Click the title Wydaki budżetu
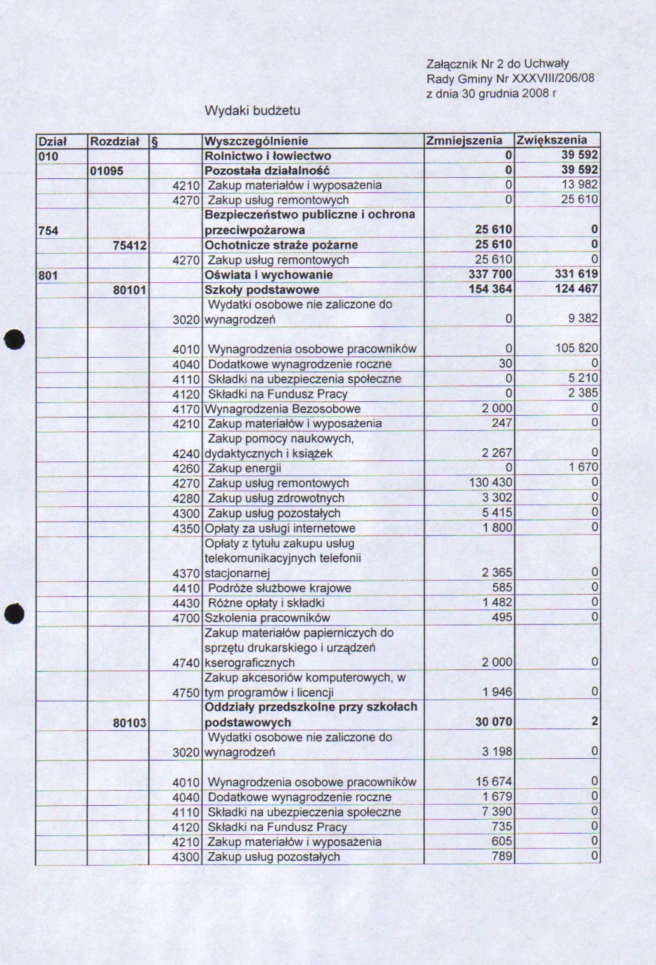point(252,111)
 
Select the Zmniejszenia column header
point(464,141)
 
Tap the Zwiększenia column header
point(552,140)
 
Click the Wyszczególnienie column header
point(256,141)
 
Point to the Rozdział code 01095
point(107,171)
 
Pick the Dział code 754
point(48,230)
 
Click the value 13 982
point(579,185)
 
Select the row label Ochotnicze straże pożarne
point(281,245)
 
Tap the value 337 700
point(490,274)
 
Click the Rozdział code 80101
point(129,290)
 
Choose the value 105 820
point(576,348)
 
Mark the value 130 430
point(491,482)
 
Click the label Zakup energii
point(244,468)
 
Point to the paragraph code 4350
point(186,528)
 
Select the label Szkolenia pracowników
point(267,618)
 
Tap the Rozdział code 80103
point(129,723)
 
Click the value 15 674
point(494,782)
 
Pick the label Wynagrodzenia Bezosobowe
point(282,409)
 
